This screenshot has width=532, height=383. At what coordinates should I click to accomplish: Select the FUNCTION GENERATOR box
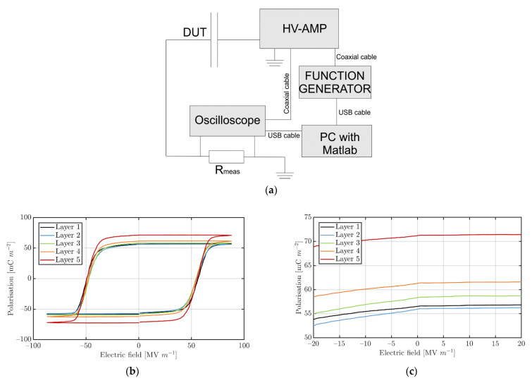pyautogui.click(x=335, y=82)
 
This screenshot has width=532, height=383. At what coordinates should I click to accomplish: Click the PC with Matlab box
pyautogui.click(x=336, y=140)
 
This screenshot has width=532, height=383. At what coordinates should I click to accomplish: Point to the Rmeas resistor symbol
pyautogui.click(x=223, y=157)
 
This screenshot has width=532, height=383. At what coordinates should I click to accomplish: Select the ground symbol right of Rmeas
pyautogui.click(x=283, y=174)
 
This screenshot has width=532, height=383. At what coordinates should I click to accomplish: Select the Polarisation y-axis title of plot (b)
pyautogui.click(x=10, y=278)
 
